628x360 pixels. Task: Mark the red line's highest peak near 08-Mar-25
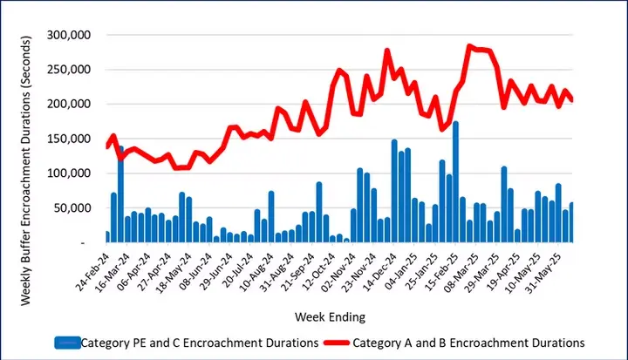click(x=470, y=46)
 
